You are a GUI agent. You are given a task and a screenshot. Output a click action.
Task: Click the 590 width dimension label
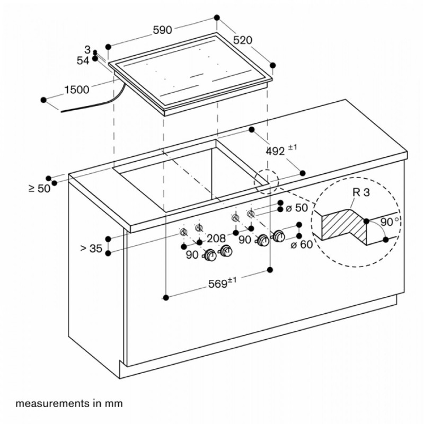162,30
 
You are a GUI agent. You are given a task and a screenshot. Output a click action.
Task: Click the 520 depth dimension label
243,40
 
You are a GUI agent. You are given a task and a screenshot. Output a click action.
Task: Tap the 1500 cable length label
77,90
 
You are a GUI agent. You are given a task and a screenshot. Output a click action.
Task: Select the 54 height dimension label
83,60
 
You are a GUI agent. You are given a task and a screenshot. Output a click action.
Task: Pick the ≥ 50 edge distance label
39,188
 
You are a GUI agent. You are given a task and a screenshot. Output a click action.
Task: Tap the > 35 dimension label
91,248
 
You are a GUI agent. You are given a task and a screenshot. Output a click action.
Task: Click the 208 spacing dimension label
216,238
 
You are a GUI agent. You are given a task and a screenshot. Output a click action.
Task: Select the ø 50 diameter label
297,208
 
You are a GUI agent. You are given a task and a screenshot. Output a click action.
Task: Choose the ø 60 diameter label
302,244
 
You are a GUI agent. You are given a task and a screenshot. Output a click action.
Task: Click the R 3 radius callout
361,192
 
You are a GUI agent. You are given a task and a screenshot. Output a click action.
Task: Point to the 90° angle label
390,222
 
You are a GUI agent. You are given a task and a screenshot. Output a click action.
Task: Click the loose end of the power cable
61,111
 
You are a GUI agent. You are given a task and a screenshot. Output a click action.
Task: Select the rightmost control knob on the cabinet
278,236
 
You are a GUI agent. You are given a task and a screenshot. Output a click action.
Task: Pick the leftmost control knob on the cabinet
210,255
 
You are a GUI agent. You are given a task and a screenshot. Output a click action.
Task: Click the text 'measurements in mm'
69,403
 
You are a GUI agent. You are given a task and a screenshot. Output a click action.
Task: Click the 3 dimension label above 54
87,50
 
